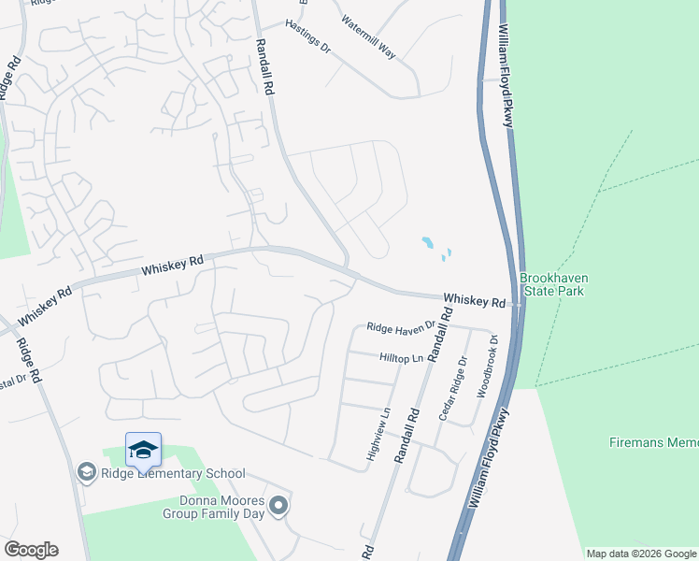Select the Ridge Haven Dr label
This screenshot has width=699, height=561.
point(401,327)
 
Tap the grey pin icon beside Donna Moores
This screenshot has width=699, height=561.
point(278,507)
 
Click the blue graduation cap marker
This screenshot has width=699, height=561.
point(143,450)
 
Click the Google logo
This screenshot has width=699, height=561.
point(31,550)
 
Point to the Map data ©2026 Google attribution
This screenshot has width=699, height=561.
point(641,554)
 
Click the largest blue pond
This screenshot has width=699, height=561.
point(427,242)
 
